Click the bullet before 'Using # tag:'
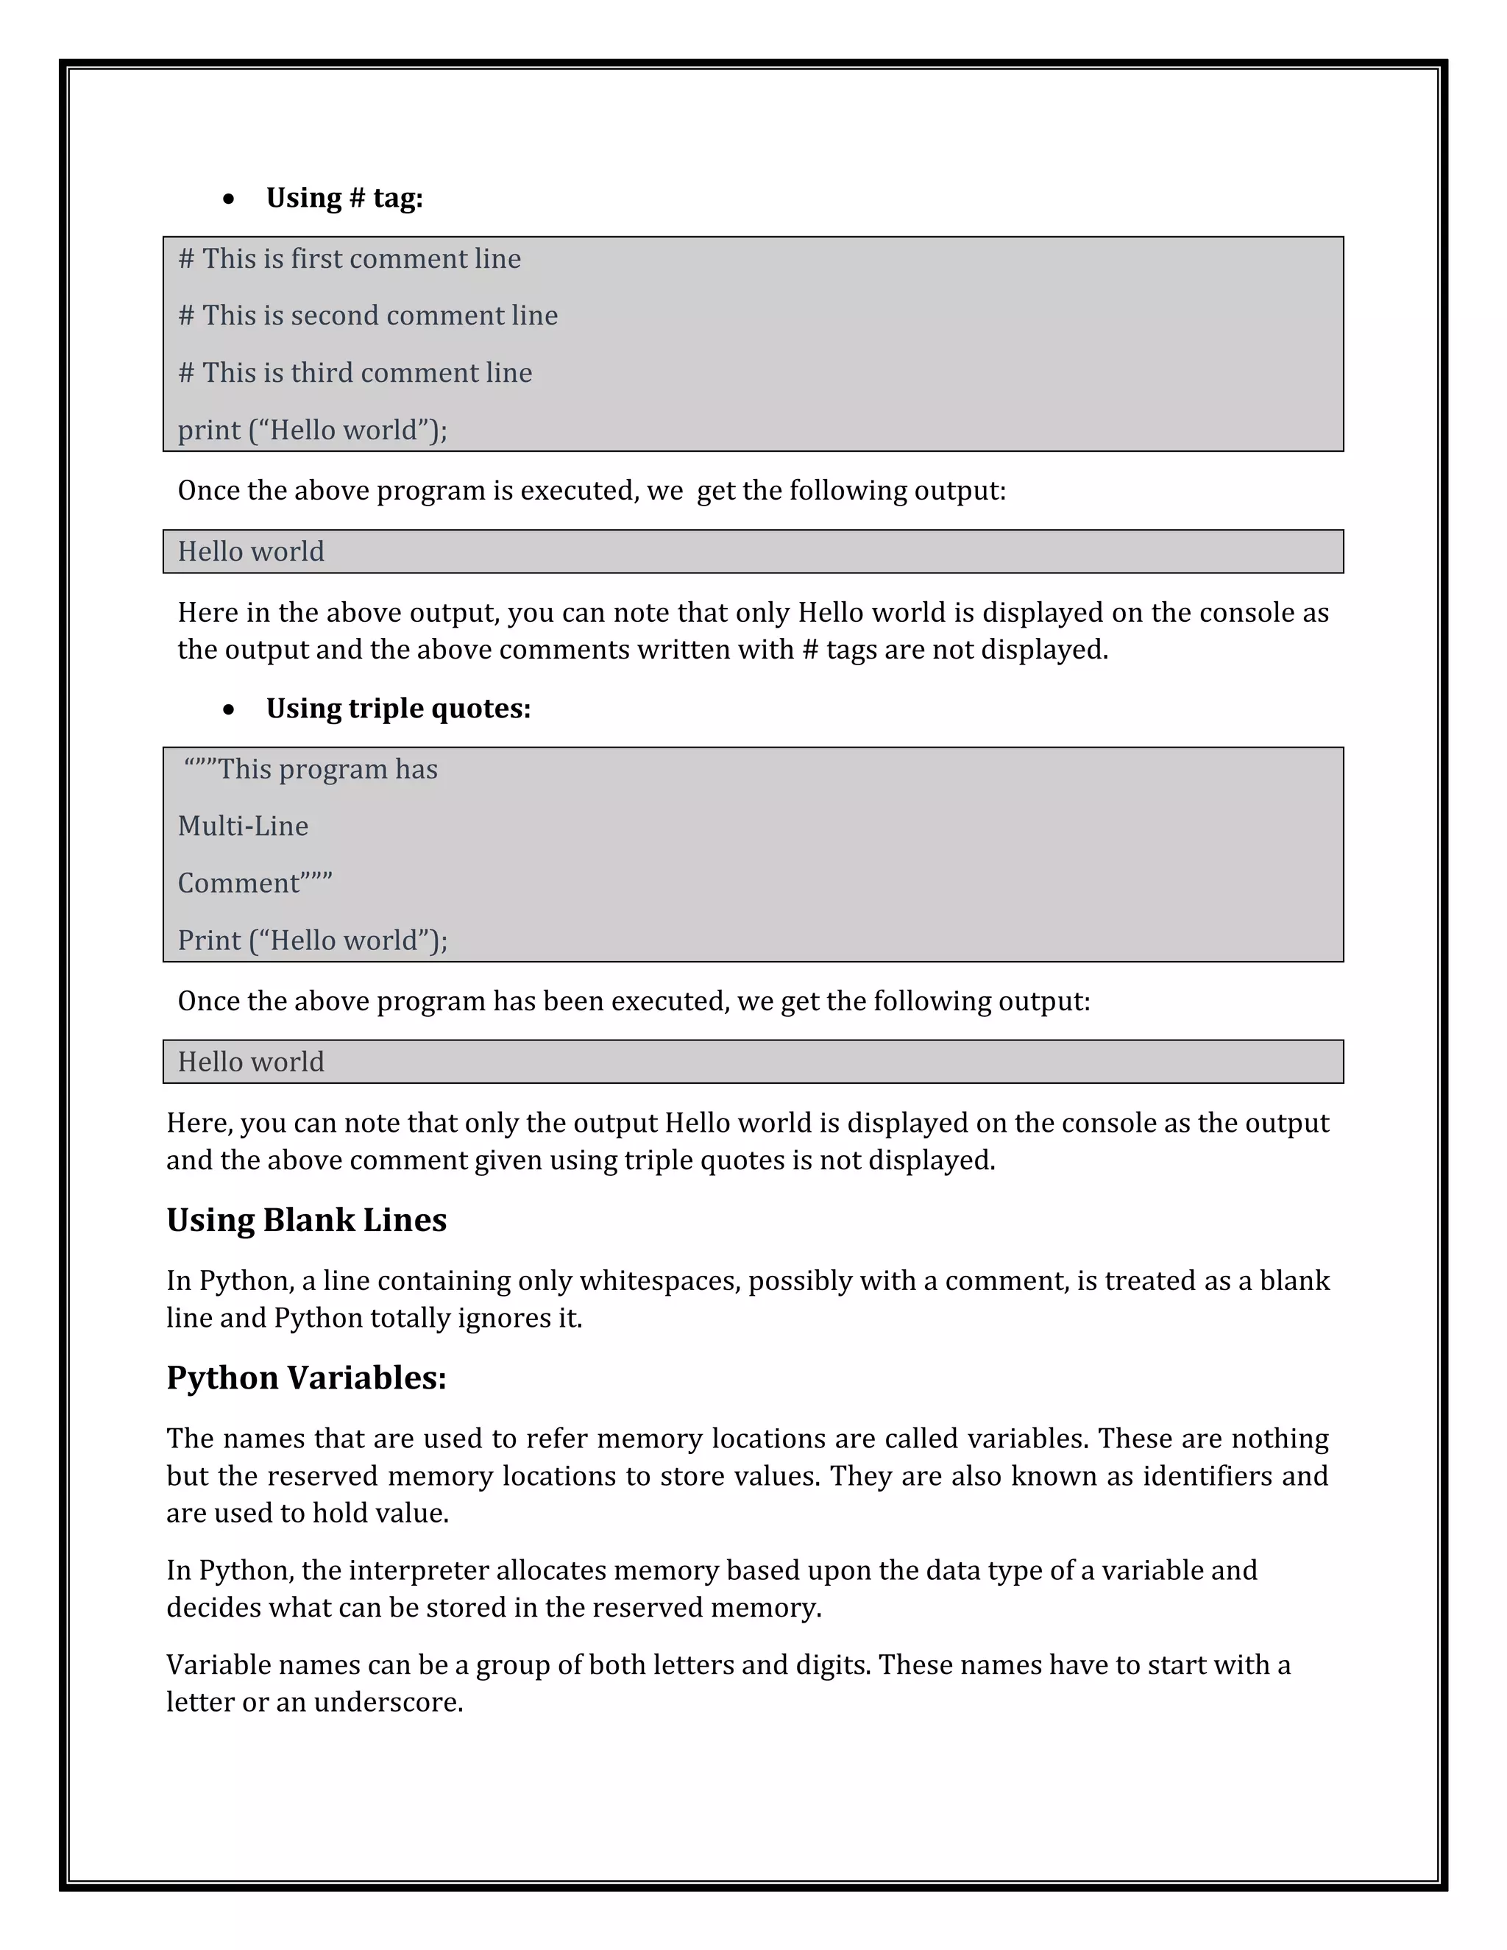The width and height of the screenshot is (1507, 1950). (230, 199)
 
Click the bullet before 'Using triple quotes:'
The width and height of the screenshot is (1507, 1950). (230, 710)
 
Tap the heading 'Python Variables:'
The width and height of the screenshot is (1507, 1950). (306, 1378)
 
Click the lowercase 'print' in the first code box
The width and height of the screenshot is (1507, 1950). (209, 431)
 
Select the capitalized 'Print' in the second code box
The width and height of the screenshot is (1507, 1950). (209, 941)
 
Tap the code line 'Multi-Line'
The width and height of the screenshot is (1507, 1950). (243, 827)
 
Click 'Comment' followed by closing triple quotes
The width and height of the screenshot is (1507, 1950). (255, 884)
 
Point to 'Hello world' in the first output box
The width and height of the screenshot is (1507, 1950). (251, 552)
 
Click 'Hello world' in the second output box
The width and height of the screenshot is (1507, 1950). (251, 1063)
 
